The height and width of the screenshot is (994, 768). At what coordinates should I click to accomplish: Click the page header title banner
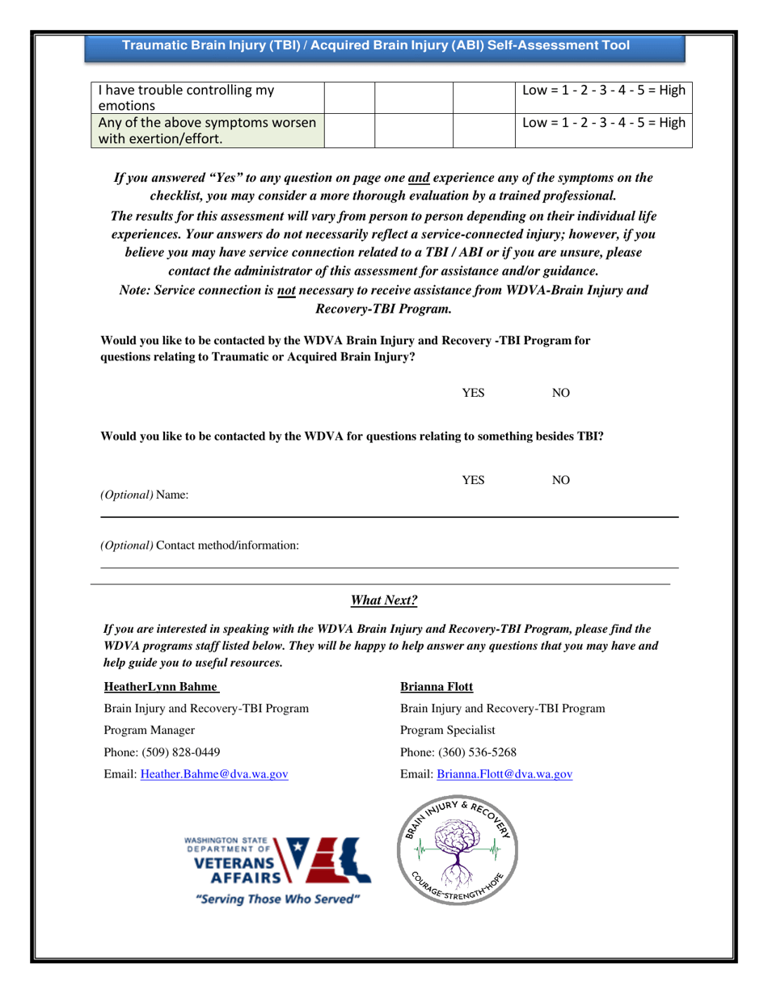376,46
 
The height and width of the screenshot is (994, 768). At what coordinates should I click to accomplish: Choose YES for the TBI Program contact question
472,393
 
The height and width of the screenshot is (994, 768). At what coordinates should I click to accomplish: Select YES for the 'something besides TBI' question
472,481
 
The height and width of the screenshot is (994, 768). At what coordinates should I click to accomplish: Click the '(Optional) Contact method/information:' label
199,545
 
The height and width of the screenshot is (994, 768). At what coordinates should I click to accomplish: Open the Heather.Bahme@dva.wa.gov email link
215,774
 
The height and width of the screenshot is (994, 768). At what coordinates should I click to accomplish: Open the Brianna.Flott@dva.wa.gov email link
504,774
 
